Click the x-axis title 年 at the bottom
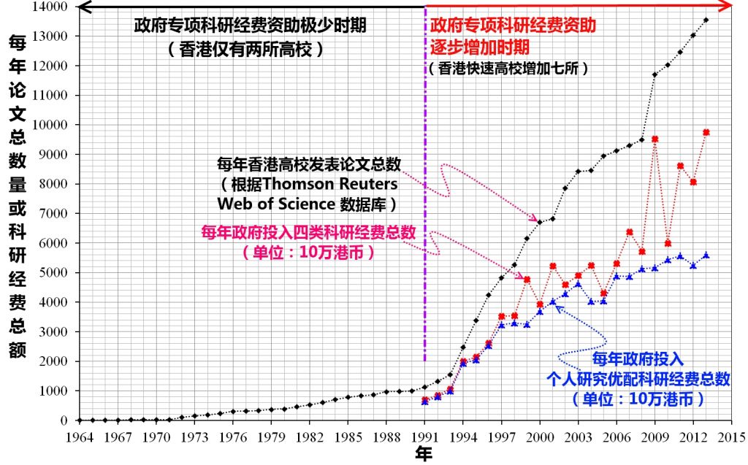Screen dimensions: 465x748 coord(424,455)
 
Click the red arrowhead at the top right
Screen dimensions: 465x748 coord(728,7)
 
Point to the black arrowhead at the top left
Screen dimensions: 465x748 coord(82,7)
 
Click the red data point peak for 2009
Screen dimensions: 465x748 coord(655,139)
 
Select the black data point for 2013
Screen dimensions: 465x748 coord(706,20)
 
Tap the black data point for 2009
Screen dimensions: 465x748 coord(654,74)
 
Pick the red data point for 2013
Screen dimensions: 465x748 coord(706,132)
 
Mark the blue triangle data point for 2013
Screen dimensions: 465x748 coord(706,255)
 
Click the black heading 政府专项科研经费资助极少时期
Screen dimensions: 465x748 coord(250,26)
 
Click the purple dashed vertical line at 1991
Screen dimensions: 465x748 coord(424,219)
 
